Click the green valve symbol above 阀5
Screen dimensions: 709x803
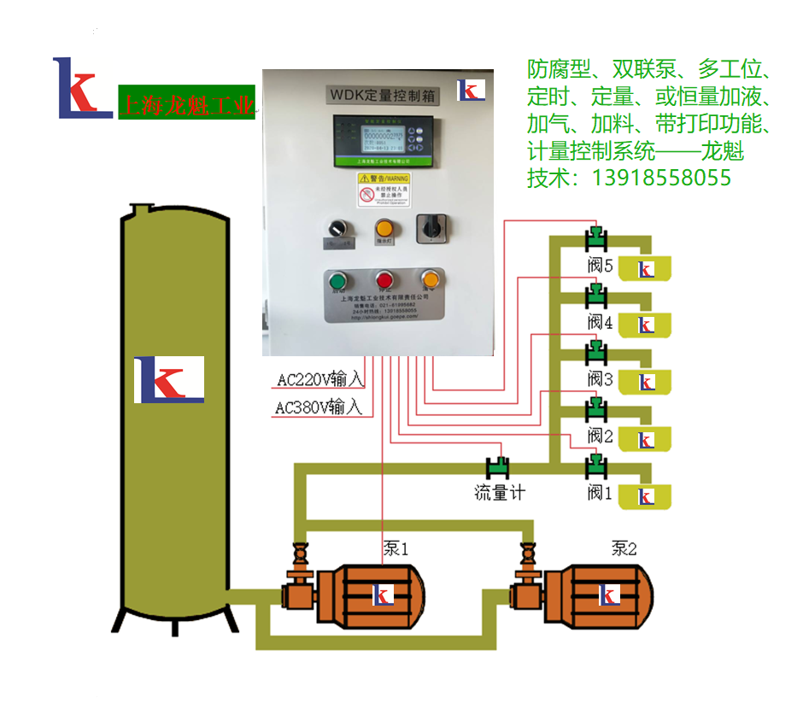(x=595, y=237)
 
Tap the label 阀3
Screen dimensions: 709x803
(x=601, y=378)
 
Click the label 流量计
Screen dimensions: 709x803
(x=500, y=493)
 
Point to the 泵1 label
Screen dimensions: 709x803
(x=396, y=548)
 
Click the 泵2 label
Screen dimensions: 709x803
(x=624, y=548)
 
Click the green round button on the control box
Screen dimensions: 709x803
(x=337, y=281)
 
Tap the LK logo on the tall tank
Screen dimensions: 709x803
(x=169, y=379)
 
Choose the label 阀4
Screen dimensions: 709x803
(x=601, y=322)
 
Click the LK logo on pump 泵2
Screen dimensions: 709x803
(x=608, y=596)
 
